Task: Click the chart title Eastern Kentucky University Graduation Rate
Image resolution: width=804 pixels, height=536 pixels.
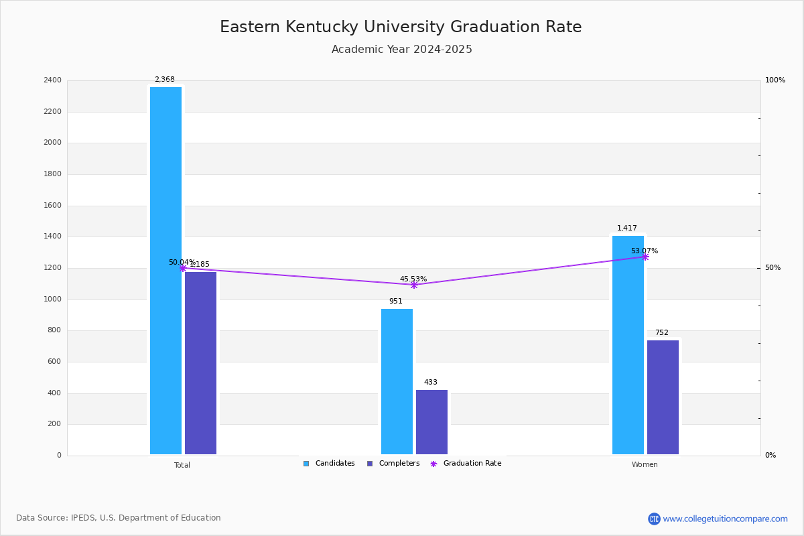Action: click(401, 27)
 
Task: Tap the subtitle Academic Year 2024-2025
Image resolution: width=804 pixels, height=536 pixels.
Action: click(402, 50)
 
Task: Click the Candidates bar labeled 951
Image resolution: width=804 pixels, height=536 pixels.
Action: click(397, 381)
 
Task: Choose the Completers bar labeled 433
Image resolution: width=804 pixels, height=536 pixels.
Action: click(431, 422)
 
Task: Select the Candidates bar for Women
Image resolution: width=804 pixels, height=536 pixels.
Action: click(628, 345)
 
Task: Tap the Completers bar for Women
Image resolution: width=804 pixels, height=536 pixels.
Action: click(663, 397)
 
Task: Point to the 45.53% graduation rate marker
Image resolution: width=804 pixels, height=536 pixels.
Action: click(414, 285)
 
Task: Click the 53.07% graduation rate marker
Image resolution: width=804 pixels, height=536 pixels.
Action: click(645, 257)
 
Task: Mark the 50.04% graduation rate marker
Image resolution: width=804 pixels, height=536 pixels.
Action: click(182, 268)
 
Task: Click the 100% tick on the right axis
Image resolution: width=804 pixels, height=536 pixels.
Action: click(775, 80)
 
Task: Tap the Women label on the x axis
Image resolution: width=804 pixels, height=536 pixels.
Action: click(645, 465)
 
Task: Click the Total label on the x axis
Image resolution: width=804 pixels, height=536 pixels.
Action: click(182, 465)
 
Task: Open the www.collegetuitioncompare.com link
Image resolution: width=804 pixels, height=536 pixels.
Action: click(725, 519)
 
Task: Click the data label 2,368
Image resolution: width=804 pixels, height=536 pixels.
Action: click(165, 80)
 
